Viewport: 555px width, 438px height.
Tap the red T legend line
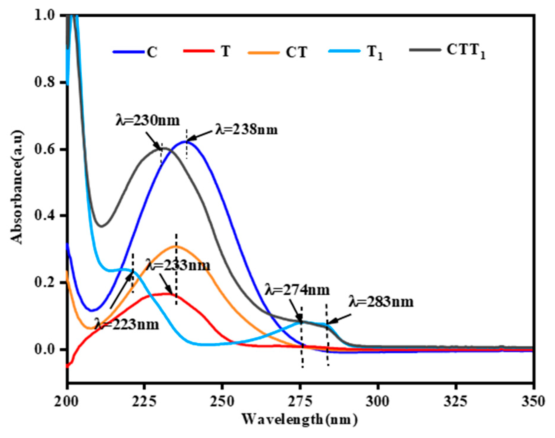pos(199,51)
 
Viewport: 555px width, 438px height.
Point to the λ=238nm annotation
pos(246,130)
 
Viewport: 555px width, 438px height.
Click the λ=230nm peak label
pos(148,120)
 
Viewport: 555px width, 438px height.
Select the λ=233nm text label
pos(179,265)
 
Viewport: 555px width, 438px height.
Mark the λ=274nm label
pos(297,290)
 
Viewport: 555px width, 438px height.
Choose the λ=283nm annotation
pos(381,302)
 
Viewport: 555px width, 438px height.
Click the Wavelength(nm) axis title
pos(300,419)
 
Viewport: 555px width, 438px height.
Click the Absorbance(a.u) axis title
pos(17,187)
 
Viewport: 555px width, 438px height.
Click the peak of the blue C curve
pos(186,142)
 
